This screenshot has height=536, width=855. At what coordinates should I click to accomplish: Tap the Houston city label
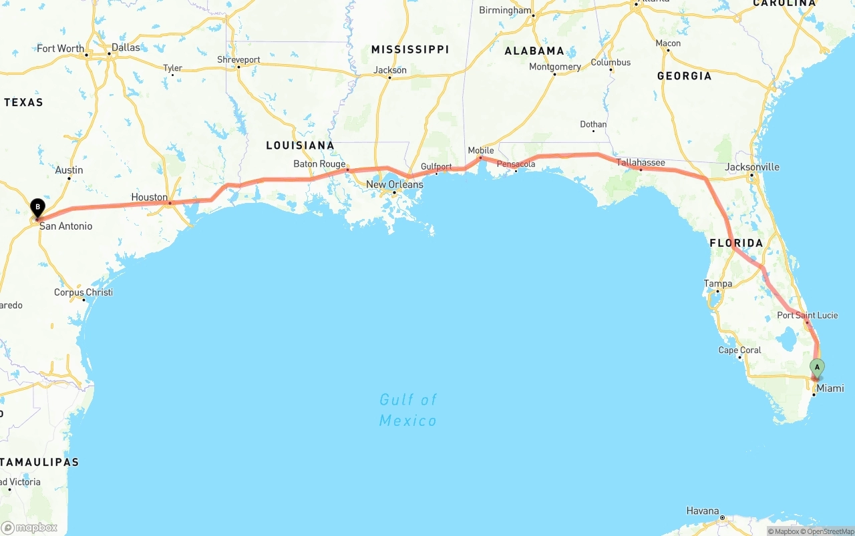click(x=150, y=198)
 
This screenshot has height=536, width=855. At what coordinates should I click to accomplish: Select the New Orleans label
click(x=394, y=184)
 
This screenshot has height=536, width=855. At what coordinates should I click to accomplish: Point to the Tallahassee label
click(x=641, y=163)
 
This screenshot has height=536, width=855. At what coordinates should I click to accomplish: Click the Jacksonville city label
click(x=751, y=167)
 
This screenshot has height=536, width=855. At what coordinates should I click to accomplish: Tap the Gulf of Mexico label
click(x=408, y=410)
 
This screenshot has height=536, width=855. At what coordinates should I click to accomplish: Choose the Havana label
click(x=703, y=511)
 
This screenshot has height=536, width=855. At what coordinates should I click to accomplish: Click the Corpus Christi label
click(x=83, y=292)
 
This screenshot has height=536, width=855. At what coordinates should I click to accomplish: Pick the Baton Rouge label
click(x=319, y=164)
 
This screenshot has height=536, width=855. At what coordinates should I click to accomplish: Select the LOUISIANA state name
click(x=300, y=146)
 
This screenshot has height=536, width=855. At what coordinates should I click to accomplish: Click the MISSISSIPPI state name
click(x=410, y=49)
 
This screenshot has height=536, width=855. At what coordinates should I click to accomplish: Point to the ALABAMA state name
click(x=534, y=51)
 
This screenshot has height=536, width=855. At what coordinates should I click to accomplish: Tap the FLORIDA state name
click(x=736, y=243)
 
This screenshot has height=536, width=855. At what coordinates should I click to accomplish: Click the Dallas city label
click(x=126, y=47)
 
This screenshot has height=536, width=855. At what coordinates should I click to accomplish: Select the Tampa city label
click(x=718, y=284)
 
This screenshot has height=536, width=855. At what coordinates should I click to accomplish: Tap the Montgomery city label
click(x=554, y=67)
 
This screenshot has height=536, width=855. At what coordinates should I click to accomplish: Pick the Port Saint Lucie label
click(x=807, y=315)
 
